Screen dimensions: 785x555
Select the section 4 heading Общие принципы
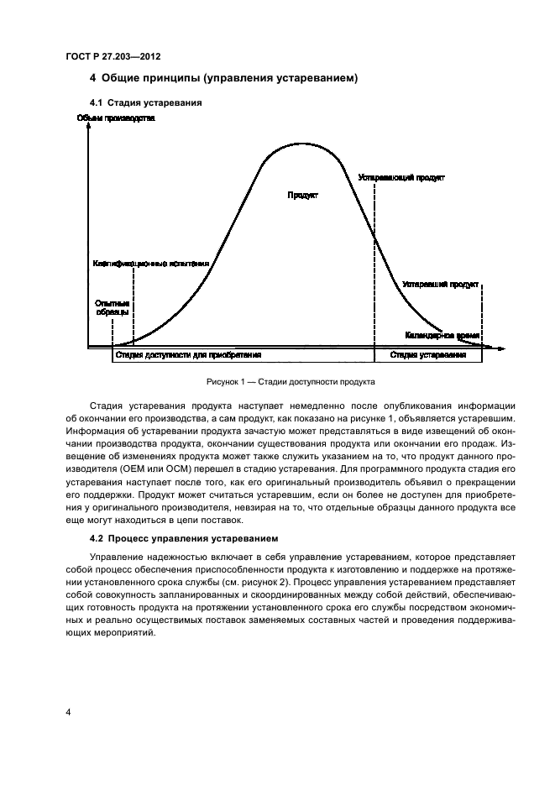(x=224, y=79)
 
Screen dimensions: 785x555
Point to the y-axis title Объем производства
(x=116, y=118)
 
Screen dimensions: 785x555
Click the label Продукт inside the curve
(x=302, y=196)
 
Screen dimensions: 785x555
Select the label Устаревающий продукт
(x=401, y=178)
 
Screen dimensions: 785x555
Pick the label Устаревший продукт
(x=441, y=285)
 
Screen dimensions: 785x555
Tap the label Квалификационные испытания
(x=150, y=264)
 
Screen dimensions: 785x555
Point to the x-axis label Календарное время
(x=442, y=335)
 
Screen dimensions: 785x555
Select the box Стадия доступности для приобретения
(x=243, y=355)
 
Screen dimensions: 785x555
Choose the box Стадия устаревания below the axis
(x=428, y=355)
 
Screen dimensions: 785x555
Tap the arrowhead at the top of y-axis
(x=86, y=131)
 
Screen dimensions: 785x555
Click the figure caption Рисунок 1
(x=290, y=381)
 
